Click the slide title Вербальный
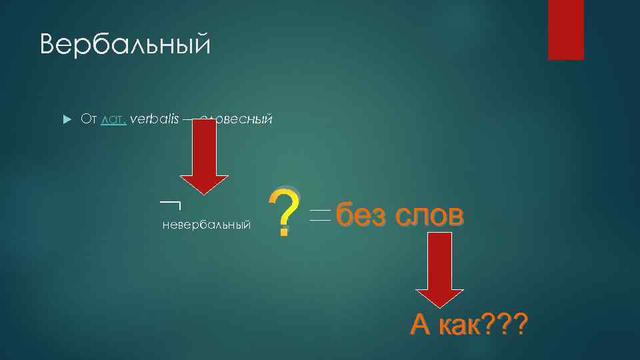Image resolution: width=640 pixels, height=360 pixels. [125, 45]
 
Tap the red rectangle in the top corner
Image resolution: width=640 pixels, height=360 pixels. [565, 29]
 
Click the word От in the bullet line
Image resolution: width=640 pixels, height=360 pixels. [89, 119]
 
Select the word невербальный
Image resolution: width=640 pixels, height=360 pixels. [207, 225]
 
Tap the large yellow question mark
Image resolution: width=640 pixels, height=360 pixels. [283, 210]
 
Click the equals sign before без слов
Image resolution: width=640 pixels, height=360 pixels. [320, 216]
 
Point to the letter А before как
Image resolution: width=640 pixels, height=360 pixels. [421, 325]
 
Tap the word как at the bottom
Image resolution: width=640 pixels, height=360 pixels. [460, 325]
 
